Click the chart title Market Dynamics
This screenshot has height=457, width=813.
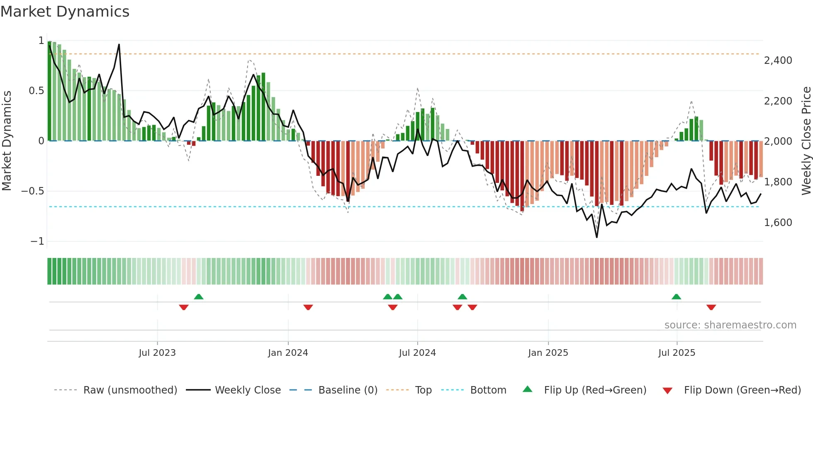(65, 12)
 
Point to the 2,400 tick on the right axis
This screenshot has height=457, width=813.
(778, 61)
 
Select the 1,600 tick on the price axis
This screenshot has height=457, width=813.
(778, 223)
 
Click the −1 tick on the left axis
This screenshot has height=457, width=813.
(37, 241)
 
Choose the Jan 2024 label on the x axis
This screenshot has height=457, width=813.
(288, 353)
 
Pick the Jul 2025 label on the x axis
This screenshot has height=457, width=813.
(677, 353)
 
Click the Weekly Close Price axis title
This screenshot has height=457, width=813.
(806, 141)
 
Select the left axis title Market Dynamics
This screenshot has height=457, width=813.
(7, 141)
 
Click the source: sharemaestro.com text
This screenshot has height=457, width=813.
(730, 325)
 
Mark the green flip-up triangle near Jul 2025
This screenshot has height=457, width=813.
(676, 297)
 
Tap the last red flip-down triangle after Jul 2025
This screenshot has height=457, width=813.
(711, 307)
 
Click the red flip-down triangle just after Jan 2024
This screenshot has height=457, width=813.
(308, 307)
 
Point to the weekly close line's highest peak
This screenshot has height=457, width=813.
(119, 44)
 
